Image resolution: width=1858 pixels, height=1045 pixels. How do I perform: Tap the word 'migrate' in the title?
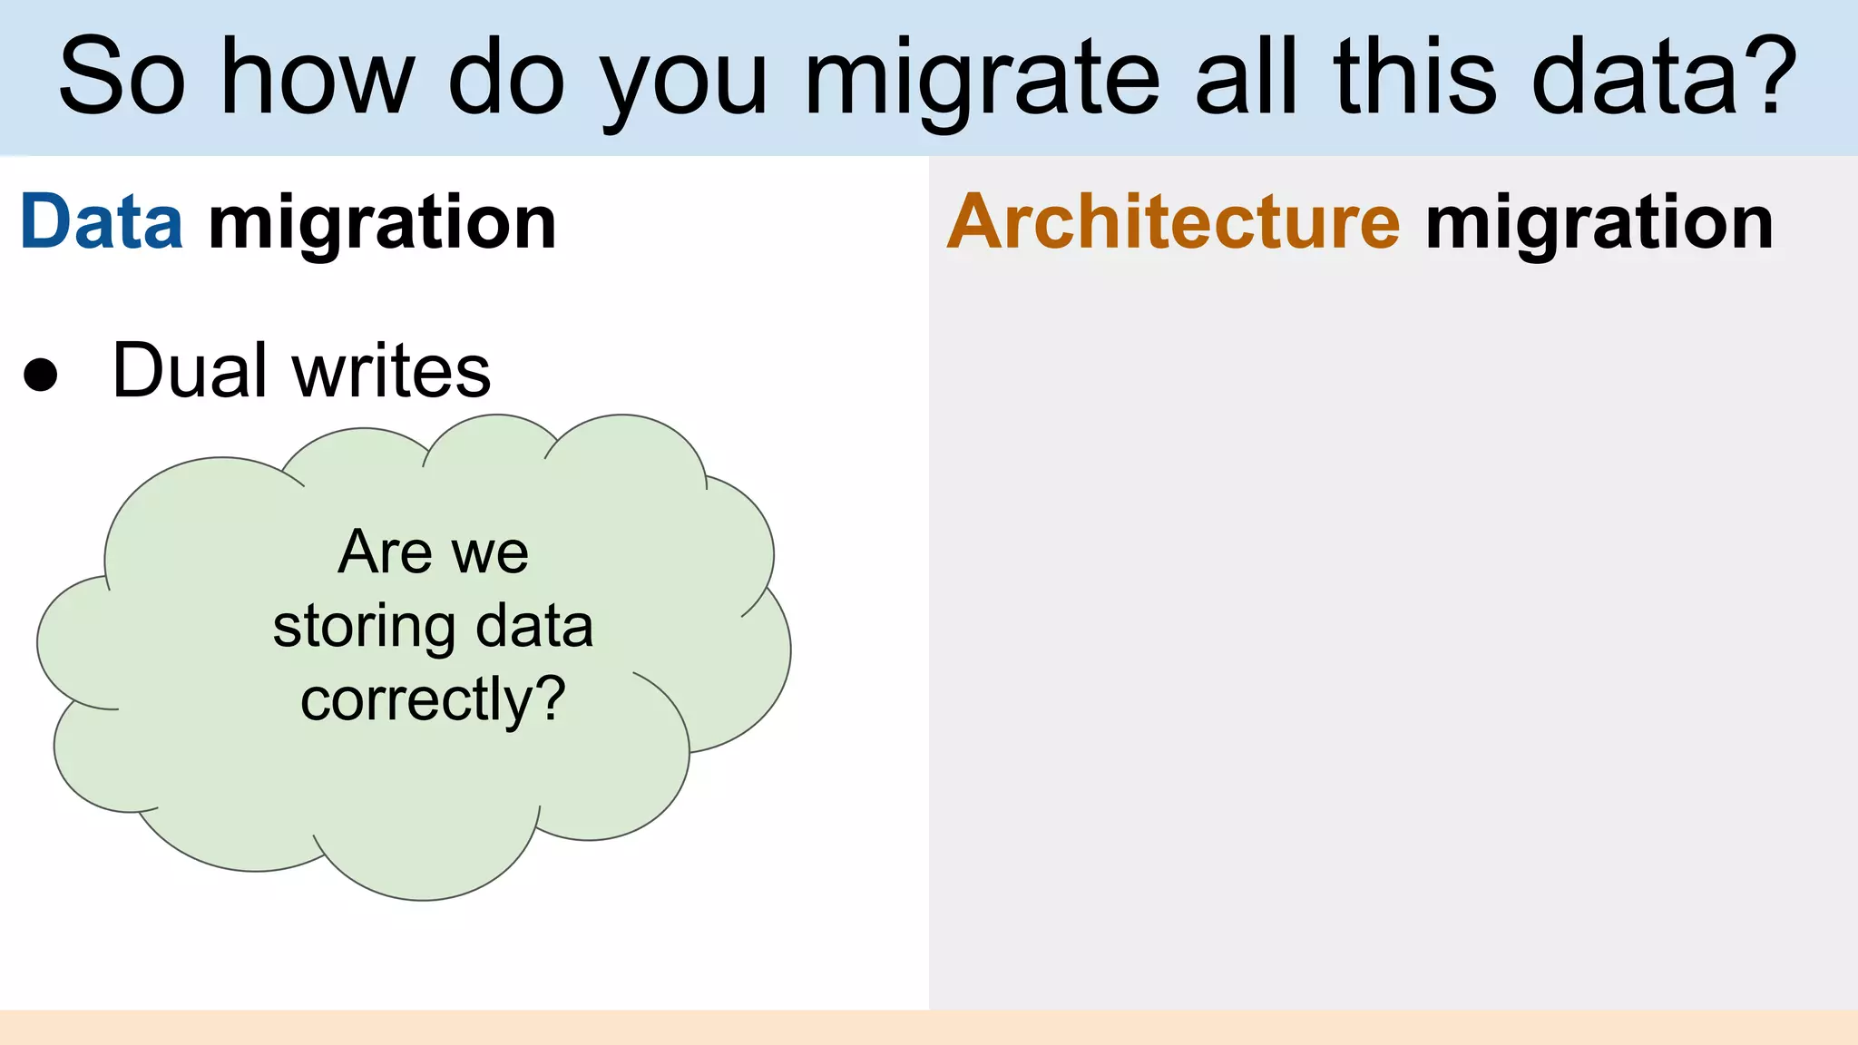point(982,82)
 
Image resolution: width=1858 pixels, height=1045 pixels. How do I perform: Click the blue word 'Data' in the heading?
point(102,222)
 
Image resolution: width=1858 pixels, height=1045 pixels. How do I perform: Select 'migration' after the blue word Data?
point(382,225)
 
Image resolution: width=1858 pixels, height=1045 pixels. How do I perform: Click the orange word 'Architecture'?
point(1174,222)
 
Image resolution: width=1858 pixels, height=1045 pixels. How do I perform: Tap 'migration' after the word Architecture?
point(1599,225)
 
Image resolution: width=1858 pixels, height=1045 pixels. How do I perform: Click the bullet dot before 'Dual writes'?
point(41,374)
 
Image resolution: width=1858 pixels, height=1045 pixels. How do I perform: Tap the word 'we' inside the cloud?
point(490,555)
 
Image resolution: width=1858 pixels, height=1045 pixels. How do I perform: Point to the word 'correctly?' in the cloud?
point(433,700)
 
